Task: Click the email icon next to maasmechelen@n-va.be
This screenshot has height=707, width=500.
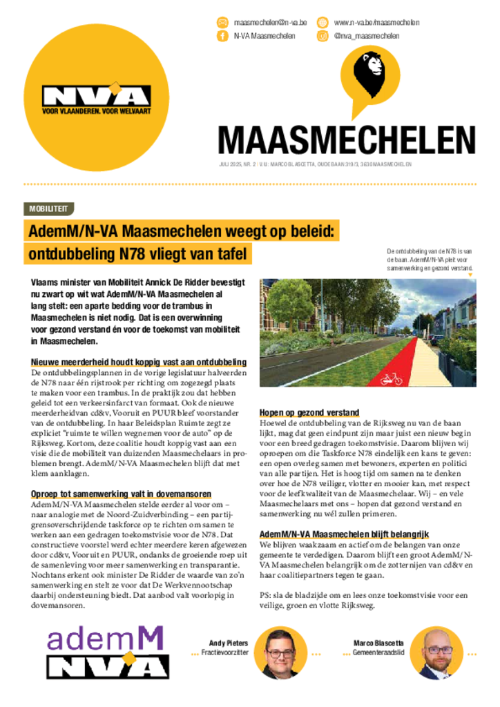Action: pyautogui.click(x=222, y=22)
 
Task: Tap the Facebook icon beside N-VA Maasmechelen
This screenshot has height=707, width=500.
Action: pyautogui.click(x=222, y=36)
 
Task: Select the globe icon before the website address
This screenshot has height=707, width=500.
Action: pyautogui.click(x=323, y=22)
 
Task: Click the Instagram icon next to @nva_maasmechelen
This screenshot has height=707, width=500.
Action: pyautogui.click(x=323, y=36)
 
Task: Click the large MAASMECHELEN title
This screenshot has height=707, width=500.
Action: pyautogui.click(x=347, y=140)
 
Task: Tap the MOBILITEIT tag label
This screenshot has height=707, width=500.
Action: pyautogui.click(x=48, y=209)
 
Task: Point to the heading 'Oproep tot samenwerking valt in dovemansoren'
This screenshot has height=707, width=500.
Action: pyautogui.click(x=121, y=494)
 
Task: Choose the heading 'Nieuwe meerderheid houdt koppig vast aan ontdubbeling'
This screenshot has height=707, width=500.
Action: pyautogui.click(x=139, y=362)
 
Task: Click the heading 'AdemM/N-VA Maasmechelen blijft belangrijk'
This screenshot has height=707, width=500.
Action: pyautogui.click(x=344, y=534)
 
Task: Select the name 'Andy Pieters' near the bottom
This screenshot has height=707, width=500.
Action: pyautogui.click(x=228, y=643)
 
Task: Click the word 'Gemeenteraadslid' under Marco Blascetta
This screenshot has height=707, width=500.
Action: pyautogui.click(x=379, y=652)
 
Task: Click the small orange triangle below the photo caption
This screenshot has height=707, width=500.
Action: pyautogui.click(x=471, y=275)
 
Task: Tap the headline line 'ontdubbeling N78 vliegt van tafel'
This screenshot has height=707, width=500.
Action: pyautogui.click(x=137, y=254)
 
